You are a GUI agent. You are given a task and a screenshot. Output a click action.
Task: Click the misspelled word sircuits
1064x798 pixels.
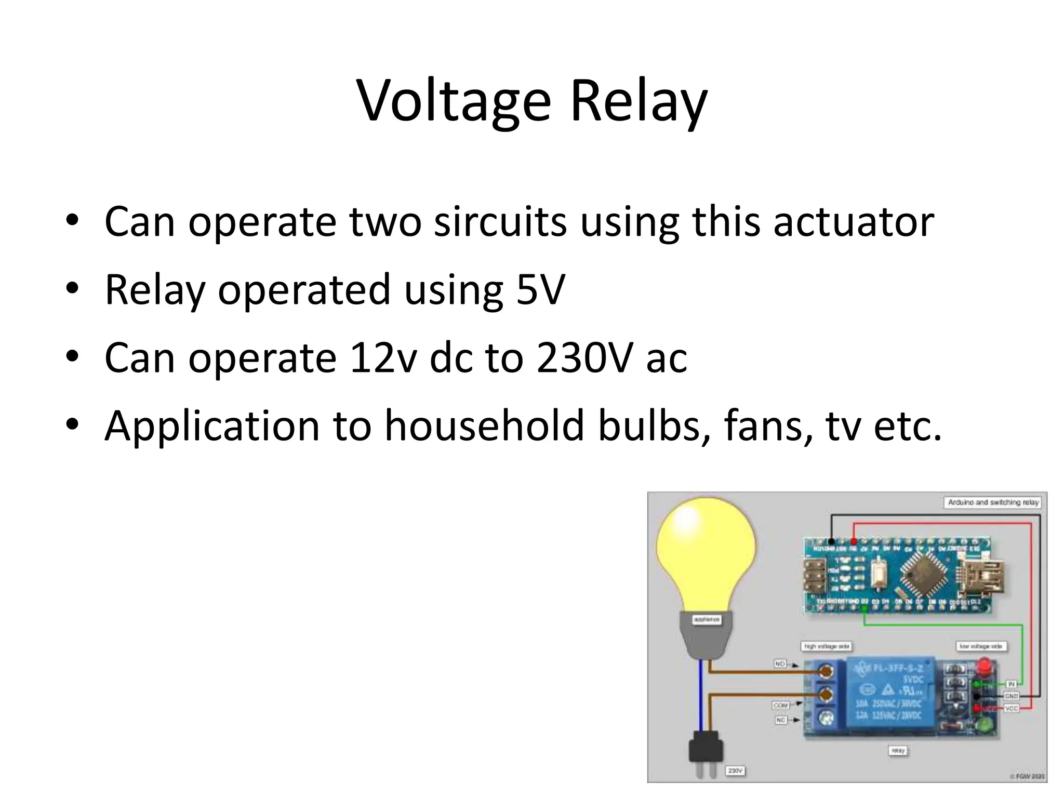pos(500,222)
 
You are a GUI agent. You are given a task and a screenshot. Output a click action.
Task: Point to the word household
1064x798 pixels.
pos(484,426)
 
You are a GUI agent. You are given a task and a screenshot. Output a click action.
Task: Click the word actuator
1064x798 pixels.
pos(853,222)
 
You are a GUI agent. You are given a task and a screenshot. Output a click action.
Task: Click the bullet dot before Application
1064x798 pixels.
pos(72,425)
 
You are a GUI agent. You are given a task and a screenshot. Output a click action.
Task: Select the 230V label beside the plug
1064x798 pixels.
pos(735,770)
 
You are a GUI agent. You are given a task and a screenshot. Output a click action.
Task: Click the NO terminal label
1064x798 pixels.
pos(780,664)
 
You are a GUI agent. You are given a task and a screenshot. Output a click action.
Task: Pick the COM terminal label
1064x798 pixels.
pos(780,705)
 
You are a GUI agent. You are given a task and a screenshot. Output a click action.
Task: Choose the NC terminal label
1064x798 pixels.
pos(780,720)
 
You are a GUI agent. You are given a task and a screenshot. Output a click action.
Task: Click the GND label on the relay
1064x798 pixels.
pos(1011,696)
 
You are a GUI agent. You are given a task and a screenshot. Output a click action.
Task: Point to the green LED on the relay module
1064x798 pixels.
pos(983,725)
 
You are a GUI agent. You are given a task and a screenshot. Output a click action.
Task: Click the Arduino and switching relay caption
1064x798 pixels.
pos(992,502)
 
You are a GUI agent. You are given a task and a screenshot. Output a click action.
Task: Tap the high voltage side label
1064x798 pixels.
pos(827,646)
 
